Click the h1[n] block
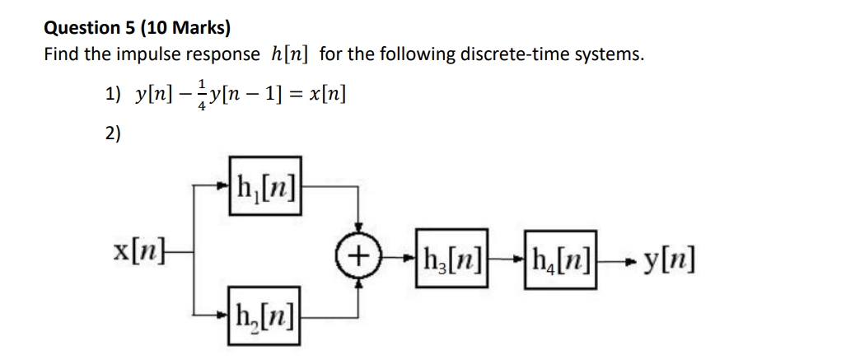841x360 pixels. point(266,185)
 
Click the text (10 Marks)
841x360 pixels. point(186,27)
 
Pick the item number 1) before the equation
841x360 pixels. point(114,95)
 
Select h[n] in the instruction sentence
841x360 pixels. point(291,55)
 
